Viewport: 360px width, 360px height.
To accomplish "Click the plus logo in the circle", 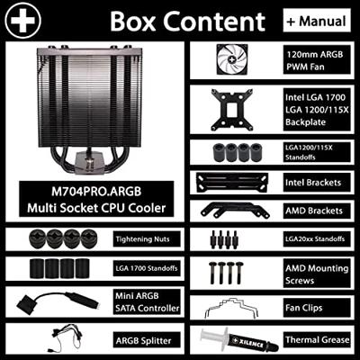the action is point(23,21).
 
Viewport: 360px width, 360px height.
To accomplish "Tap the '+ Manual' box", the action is point(317,21).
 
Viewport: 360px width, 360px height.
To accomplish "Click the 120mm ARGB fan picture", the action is point(232,59).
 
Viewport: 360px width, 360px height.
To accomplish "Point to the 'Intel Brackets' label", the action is point(313,183).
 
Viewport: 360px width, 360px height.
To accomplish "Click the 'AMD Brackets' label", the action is point(314,211).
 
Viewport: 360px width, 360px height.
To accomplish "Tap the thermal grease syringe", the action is point(238,340).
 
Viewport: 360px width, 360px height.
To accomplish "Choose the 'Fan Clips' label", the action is point(304,308).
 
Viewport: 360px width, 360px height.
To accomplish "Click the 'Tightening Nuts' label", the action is point(143,239).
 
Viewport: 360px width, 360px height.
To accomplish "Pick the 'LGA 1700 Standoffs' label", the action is point(147,268).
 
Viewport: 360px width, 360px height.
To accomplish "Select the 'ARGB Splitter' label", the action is point(144,341).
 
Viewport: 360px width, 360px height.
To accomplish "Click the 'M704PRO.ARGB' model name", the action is point(96,192).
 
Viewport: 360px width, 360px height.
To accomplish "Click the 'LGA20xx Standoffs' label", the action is point(315,239).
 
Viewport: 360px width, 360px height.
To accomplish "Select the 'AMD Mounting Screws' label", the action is point(317,274).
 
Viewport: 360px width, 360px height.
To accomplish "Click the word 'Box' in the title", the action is point(133,22).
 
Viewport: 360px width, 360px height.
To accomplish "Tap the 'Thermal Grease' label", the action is point(318,340).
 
